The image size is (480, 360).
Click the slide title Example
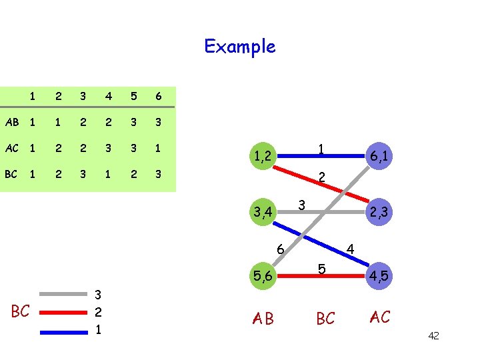[x=239, y=47]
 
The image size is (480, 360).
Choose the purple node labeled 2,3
[x=380, y=212]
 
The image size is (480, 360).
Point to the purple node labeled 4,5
[x=380, y=275]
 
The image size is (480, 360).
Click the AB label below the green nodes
[x=263, y=319]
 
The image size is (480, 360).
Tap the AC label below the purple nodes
[x=380, y=317]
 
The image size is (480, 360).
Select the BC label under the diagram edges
[x=325, y=319]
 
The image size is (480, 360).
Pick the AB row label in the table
[x=12, y=123]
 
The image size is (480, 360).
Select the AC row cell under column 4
[x=107, y=149]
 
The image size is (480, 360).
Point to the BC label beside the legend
[x=21, y=311]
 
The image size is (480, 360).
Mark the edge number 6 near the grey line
[x=281, y=249]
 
